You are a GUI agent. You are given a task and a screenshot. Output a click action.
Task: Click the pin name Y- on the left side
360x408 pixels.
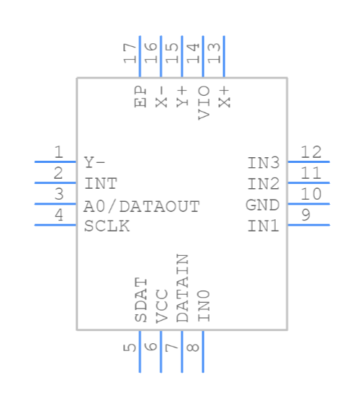tap(94, 162)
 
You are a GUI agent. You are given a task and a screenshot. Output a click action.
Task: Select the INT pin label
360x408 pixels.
tap(100, 183)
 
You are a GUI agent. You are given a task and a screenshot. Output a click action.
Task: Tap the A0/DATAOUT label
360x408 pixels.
tap(141, 207)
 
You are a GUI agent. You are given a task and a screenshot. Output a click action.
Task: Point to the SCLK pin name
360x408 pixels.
tap(107, 226)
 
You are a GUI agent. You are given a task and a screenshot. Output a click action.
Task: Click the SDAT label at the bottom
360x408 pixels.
tap(141, 300)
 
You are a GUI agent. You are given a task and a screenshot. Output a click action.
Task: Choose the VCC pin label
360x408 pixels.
tap(162, 305)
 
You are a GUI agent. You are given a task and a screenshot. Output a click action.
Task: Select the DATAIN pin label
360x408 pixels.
tap(183, 288)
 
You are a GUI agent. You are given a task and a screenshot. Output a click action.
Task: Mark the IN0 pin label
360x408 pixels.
tap(204, 305)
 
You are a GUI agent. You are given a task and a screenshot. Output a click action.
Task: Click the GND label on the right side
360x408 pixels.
tap(262, 205)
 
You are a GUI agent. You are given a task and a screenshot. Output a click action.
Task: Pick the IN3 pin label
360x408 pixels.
tap(263, 162)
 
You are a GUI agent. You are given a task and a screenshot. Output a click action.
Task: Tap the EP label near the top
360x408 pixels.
tap(141, 97)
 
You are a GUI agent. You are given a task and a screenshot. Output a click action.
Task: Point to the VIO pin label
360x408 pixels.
tap(204, 102)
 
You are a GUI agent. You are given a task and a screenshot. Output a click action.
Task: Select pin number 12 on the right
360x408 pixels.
tap(311, 152)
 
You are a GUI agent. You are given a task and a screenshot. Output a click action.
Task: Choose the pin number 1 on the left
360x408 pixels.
tap(58, 152)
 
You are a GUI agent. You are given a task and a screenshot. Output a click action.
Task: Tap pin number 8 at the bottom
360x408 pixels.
tap(193, 348)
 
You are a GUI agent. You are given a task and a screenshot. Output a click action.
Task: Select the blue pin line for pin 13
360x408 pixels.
tap(224, 56)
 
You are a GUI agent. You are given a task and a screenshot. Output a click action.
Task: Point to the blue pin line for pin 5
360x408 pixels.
tap(140, 351)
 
